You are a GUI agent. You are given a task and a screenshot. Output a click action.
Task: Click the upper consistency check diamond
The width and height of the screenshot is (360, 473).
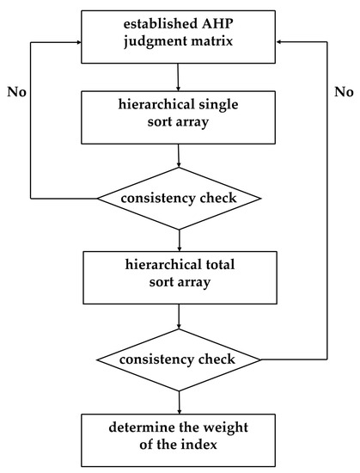click(179, 198)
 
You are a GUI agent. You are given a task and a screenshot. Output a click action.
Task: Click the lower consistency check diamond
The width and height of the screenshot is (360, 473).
click(179, 357)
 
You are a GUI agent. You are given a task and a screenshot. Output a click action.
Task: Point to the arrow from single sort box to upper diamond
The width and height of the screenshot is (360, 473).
click(179, 157)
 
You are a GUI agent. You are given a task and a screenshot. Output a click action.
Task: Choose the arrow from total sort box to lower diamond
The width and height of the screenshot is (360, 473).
click(179, 316)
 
